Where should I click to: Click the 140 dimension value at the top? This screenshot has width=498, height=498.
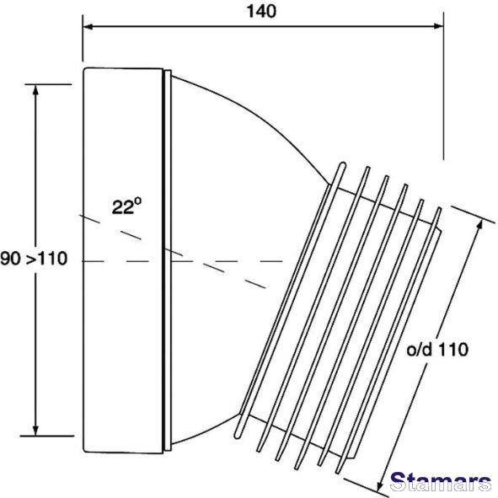[262, 12]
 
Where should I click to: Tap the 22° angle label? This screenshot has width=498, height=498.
[126, 206]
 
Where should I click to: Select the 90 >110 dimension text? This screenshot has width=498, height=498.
[34, 258]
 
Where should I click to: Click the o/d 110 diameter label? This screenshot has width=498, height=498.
[437, 350]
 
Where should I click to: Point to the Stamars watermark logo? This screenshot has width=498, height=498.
[441, 483]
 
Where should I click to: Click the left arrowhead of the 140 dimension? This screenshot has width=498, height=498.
[88, 26]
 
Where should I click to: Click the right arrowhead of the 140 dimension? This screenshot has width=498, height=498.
[438, 26]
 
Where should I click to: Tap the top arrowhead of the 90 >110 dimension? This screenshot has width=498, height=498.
[35, 90]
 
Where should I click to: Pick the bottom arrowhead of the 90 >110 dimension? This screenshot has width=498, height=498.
[35, 431]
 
